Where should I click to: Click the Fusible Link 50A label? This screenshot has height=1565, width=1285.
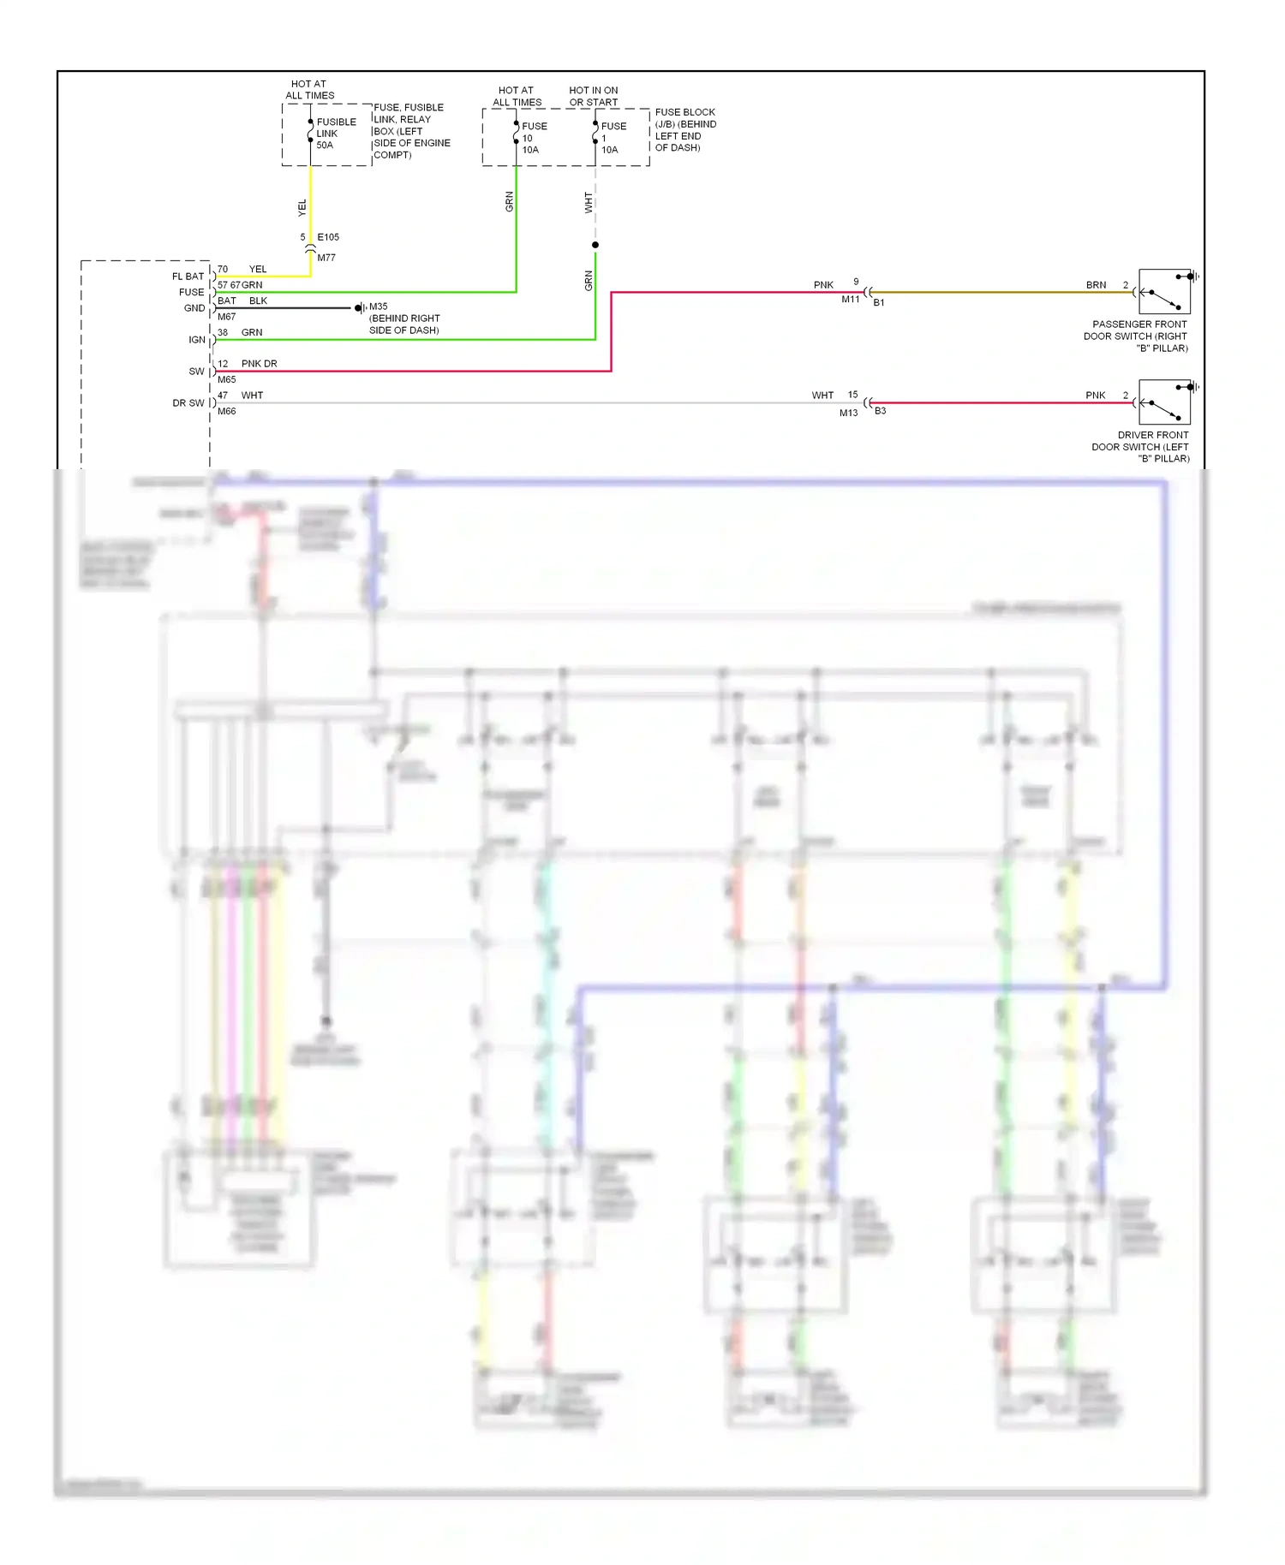[x=335, y=134]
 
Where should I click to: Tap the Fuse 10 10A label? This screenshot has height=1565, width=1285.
[x=534, y=138]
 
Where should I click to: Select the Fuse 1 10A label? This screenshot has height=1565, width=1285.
[x=613, y=138]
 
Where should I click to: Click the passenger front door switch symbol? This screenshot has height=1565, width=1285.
[x=1164, y=292]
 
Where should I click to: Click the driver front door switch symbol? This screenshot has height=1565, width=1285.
[x=1164, y=402]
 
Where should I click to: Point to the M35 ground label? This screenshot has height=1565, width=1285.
[x=379, y=306]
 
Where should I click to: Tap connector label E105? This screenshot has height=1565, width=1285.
[x=328, y=237]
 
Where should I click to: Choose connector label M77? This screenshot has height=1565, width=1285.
[x=326, y=258]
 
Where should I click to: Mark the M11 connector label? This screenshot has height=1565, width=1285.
[x=850, y=300]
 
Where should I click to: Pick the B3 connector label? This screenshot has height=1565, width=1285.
[x=880, y=412]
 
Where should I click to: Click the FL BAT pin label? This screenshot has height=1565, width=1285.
[x=188, y=277]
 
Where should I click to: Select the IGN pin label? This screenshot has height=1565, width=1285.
[x=197, y=340]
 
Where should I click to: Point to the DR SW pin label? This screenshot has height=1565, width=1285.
[x=188, y=403]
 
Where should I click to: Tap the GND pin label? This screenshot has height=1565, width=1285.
[x=194, y=308]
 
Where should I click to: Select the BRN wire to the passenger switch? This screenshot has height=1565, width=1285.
[x=1002, y=292]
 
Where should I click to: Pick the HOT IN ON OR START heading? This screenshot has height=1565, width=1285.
[x=593, y=96]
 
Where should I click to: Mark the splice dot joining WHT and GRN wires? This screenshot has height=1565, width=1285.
[x=595, y=245]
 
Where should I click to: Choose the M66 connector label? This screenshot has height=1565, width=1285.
[x=226, y=412]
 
